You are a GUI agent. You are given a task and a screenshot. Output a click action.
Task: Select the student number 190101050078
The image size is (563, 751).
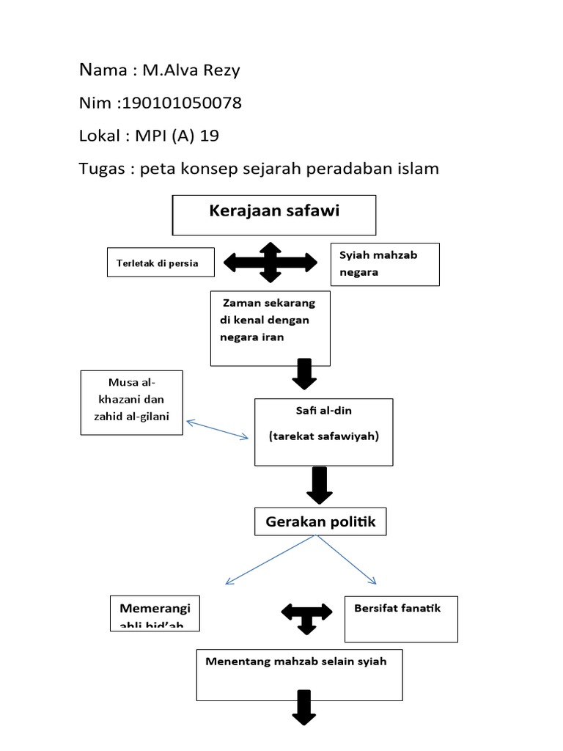tap(183, 103)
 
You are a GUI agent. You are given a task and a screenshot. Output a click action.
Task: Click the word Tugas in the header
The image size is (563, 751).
tap(102, 169)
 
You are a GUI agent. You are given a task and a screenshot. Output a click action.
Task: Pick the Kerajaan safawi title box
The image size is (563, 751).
tap(273, 214)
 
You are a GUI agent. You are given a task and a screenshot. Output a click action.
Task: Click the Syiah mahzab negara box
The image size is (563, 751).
tap(385, 264)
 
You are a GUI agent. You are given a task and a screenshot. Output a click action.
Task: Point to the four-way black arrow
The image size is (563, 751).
tap(270, 262)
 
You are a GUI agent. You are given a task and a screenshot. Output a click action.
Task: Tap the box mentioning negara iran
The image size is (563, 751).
tap(270, 328)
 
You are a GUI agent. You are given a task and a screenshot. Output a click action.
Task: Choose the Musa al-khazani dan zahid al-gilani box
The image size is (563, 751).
tap(131, 402)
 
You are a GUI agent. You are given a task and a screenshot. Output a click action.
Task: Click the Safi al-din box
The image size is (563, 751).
tap(323, 432)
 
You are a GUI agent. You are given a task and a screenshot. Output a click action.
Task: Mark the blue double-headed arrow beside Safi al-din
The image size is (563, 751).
tap(218, 431)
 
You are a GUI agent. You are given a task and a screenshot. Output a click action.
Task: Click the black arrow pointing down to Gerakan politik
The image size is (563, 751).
tap(319, 485)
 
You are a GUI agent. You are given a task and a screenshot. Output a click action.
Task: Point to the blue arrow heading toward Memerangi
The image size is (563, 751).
tap(271, 559)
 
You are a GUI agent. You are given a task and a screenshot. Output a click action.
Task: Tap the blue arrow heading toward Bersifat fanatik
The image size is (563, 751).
tap(347, 559)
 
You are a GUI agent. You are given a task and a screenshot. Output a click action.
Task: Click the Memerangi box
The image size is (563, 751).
tap(155, 613)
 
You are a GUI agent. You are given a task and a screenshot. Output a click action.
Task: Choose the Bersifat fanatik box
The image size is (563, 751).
tap(401, 619)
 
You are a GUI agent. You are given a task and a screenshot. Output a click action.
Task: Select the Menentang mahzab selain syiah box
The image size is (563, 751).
tap(299, 673)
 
